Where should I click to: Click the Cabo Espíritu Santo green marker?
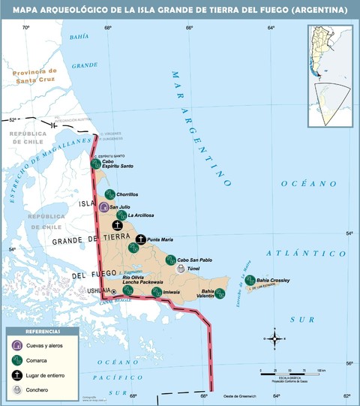[95, 164]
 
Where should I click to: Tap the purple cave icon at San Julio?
[103, 206]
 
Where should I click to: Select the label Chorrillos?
[127, 194]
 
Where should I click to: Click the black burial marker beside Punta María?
[141, 239]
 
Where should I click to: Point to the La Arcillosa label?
[140, 215]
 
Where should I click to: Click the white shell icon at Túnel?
[181, 267]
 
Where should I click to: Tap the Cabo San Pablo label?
[194, 260]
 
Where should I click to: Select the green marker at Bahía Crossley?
[250, 279]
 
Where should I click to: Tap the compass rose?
[275, 340]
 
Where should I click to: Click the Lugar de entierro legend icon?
[17, 374]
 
